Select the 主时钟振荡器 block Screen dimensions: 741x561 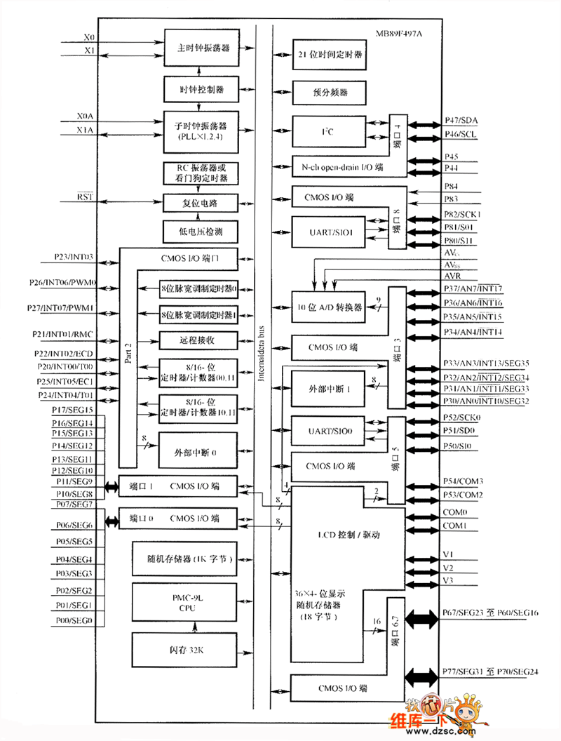[201, 48]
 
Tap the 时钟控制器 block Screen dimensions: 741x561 [201, 89]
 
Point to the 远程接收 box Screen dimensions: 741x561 [197, 340]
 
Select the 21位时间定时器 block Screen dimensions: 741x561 [330, 53]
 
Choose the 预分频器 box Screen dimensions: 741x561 [330, 92]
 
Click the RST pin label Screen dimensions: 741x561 [85, 199]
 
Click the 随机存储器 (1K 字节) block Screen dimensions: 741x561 [189, 559]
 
